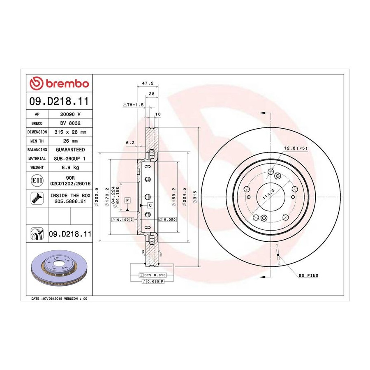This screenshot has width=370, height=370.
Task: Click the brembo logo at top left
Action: click(59, 83)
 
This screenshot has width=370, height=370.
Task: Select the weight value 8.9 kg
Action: click(70, 168)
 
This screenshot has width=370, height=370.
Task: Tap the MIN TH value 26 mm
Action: click(70, 141)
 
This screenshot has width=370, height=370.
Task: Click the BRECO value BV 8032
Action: click(70, 123)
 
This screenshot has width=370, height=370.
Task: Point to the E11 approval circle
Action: click(37, 180)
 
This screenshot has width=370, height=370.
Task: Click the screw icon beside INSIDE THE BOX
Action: click(37, 198)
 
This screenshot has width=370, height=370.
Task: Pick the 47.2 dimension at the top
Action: click(148, 83)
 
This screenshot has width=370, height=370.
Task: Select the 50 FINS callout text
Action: click(308, 275)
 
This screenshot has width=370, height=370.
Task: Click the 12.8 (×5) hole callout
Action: click(296, 148)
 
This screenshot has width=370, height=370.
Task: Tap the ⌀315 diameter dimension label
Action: click(195, 197)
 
